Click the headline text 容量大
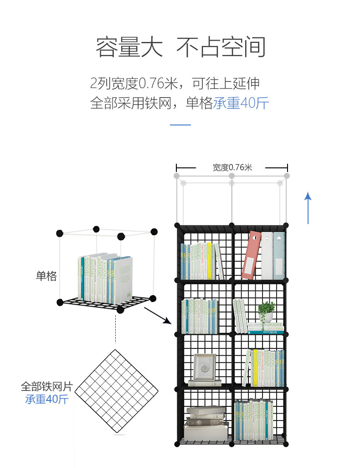click(x=129, y=47)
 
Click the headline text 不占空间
click(x=221, y=47)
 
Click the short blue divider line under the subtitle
click(x=180, y=125)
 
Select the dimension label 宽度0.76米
click(x=232, y=167)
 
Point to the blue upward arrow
click(x=308, y=208)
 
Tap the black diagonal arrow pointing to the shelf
click(x=158, y=316)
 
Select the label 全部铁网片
click(x=46, y=386)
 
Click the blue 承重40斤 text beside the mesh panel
click(x=46, y=400)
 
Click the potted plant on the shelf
click(x=266, y=312)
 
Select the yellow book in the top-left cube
click(x=209, y=260)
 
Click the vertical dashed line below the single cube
click(x=116, y=328)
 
